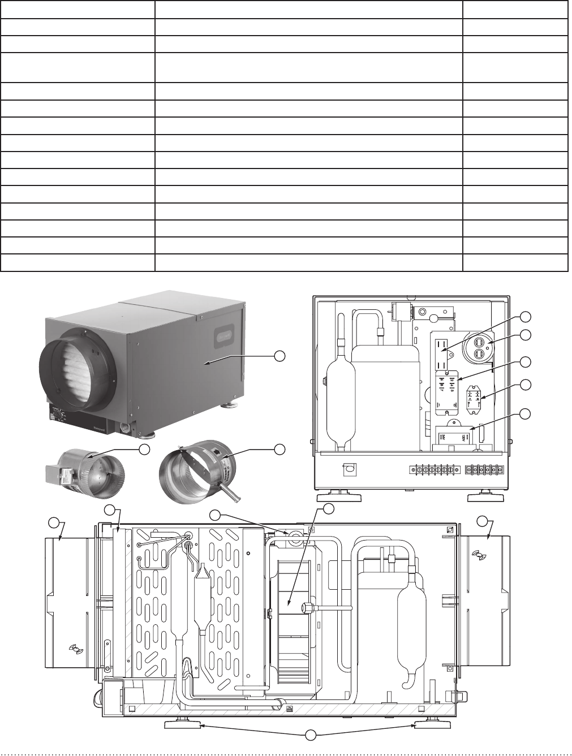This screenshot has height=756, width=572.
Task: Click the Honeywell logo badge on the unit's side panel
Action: click(x=224, y=340)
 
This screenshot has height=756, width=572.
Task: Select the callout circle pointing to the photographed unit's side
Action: click(x=279, y=355)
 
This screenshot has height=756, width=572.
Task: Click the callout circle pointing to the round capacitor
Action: click(x=526, y=335)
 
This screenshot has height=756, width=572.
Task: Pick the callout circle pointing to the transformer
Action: click(x=526, y=414)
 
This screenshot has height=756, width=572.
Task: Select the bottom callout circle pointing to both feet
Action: click(x=309, y=735)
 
